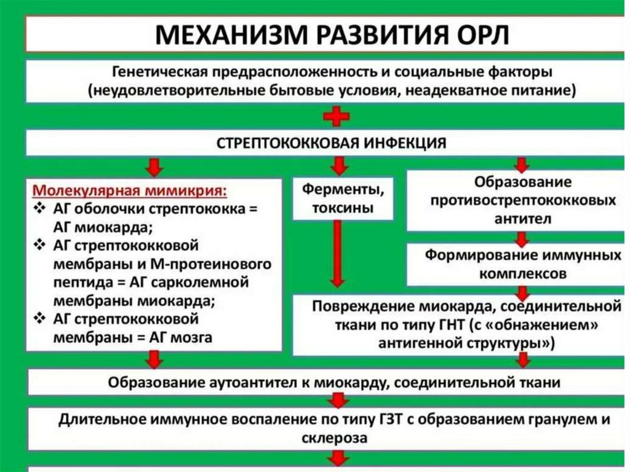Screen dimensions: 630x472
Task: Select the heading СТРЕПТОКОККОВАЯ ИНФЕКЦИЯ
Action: pos(332,143)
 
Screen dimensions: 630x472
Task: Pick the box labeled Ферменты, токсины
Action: pos(342,198)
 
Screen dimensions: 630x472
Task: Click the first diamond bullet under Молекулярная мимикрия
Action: pos(40,209)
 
